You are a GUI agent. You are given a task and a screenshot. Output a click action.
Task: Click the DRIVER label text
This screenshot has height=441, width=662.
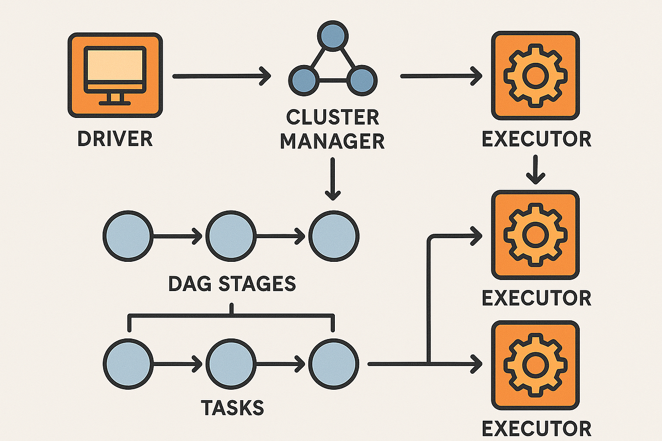click(x=115, y=138)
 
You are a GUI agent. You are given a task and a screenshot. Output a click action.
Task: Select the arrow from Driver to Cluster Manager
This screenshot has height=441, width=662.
click(x=222, y=76)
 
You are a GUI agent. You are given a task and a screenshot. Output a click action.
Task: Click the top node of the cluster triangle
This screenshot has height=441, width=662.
click(x=333, y=36)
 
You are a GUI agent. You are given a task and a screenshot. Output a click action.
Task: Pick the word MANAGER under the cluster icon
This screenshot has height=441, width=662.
click(x=333, y=141)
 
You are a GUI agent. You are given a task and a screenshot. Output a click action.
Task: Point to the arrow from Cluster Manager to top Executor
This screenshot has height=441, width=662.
click(x=441, y=76)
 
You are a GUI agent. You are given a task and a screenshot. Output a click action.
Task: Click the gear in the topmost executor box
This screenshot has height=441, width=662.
click(x=535, y=76)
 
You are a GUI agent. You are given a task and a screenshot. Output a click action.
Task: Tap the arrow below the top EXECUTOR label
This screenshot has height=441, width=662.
click(x=536, y=170)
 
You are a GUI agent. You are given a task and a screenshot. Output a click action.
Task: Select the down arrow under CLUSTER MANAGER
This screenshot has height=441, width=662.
click(x=333, y=179)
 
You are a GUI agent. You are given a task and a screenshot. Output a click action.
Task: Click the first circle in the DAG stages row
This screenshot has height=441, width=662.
click(x=128, y=236)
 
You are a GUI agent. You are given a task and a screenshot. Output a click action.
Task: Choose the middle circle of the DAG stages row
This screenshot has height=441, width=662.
click(x=231, y=236)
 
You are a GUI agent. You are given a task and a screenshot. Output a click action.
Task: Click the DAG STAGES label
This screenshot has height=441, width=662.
click(x=232, y=283)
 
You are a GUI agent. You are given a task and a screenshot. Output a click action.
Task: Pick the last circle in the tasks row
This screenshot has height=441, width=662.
click(x=334, y=364)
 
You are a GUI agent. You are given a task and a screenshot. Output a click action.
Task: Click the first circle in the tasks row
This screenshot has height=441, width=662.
click(x=128, y=364)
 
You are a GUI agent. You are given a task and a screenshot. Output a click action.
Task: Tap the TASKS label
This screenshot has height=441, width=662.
click(x=232, y=408)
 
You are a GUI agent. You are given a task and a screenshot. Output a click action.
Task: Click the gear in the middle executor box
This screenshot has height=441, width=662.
click(x=535, y=235)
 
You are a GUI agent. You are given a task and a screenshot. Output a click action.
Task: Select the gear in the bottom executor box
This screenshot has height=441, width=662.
click(x=535, y=365)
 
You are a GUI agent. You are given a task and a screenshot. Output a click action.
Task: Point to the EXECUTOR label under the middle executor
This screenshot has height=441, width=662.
click(x=536, y=298)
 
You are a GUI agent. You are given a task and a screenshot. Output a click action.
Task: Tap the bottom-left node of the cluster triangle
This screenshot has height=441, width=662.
click(x=304, y=80)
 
